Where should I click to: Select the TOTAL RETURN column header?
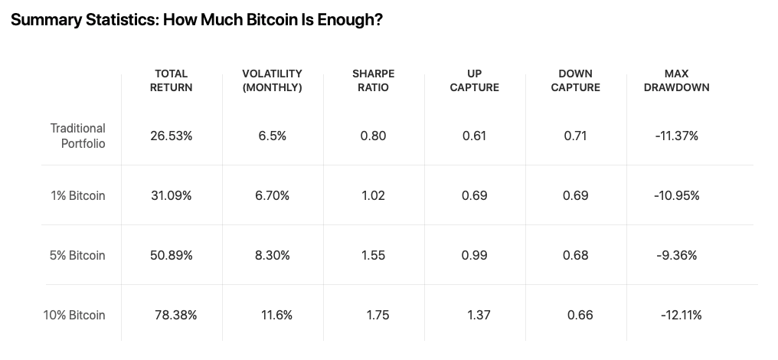pyautogui.click(x=172, y=80)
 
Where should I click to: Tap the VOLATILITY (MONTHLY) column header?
pyautogui.click(x=272, y=80)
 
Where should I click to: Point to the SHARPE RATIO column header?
pyautogui.click(x=373, y=80)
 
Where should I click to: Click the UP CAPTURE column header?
pyautogui.click(x=474, y=80)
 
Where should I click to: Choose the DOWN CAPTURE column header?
pyautogui.click(x=575, y=80)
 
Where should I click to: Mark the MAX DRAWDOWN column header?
pyautogui.click(x=676, y=80)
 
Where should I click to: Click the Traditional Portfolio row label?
pyautogui.click(x=78, y=136)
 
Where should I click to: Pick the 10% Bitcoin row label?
pyautogui.click(x=74, y=315)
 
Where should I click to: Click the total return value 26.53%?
pyautogui.click(x=172, y=136)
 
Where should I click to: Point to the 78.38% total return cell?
pyautogui.click(x=176, y=315)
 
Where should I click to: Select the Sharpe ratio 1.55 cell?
pyautogui.click(x=373, y=255)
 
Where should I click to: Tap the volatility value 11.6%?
pyautogui.click(x=276, y=315)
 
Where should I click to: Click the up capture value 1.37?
pyautogui.click(x=479, y=315)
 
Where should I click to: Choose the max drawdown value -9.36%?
pyautogui.click(x=676, y=255)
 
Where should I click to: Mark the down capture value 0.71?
pyautogui.click(x=575, y=136)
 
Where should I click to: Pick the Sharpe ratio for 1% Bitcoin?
pyautogui.click(x=373, y=195)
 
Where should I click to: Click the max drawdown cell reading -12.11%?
pyautogui.click(x=681, y=315)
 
